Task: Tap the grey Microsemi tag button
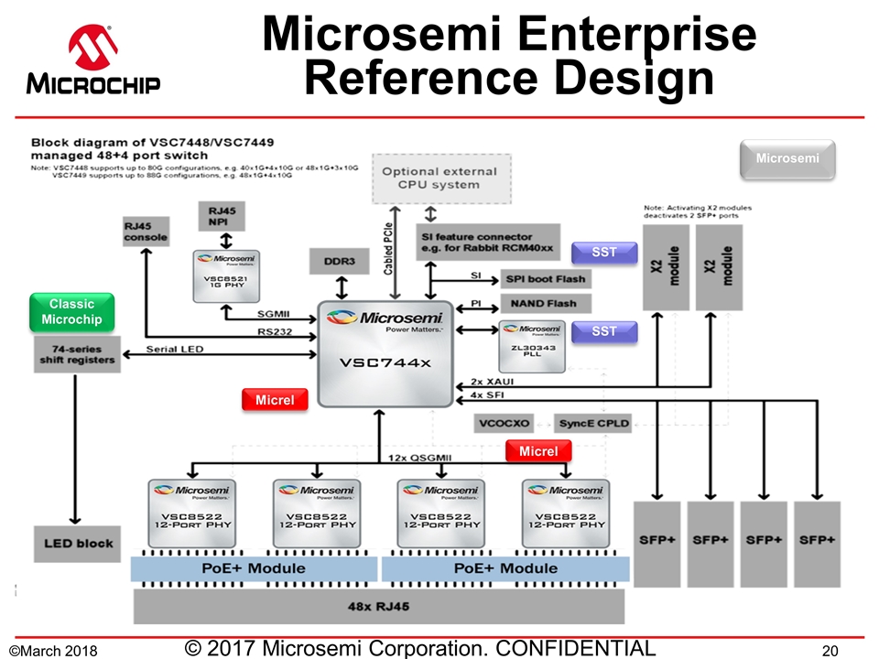click(x=787, y=160)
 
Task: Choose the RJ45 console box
click(x=146, y=232)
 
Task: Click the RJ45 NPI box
click(x=223, y=217)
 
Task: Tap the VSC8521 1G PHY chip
click(x=225, y=276)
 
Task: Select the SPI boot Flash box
click(x=546, y=278)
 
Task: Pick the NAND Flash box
click(x=546, y=303)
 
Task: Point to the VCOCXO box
click(x=503, y=424)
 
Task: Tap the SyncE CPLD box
click(x=592, y=424)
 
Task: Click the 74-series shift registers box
click(x=77, y=353)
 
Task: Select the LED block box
click(x=78, y=544)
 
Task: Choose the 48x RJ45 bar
click(x=379, y=606)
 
